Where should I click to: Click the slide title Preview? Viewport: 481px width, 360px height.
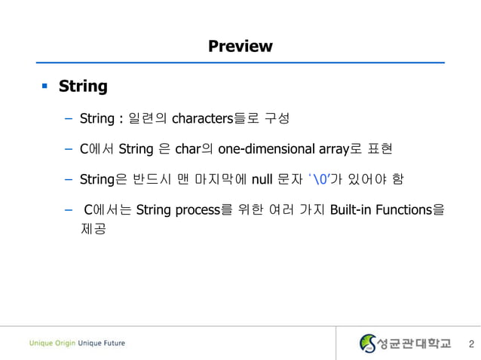[240, 47]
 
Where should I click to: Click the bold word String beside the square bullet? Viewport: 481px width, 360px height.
[83, 87]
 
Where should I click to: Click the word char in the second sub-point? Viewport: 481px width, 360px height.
[189, 148]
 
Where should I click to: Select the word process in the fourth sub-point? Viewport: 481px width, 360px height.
[198, 209]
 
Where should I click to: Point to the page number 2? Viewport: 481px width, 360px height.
[471, 344]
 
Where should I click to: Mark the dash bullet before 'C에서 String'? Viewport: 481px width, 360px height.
[68, 148]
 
